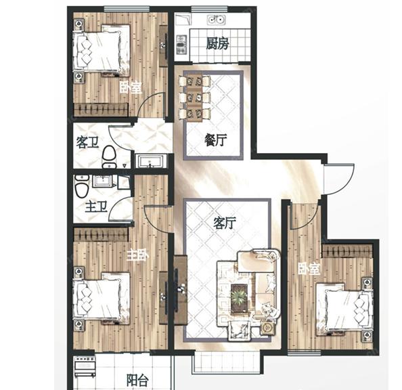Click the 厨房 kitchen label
click(217, 43)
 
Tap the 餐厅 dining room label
click(216, 140)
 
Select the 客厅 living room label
click(225, 223)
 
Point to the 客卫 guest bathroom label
click(87, 142)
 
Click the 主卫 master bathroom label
click(96, 207)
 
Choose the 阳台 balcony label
click(137, 381)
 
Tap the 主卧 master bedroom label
click(137, 255)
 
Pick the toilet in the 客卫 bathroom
click(109, 157)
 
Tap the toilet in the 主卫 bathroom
click(82, 186)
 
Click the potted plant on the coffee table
click(239, 297)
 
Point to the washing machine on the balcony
click(85, 366)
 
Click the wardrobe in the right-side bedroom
click(347, 251)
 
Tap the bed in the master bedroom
click(102, 298)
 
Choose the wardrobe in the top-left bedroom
click(101, 110)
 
